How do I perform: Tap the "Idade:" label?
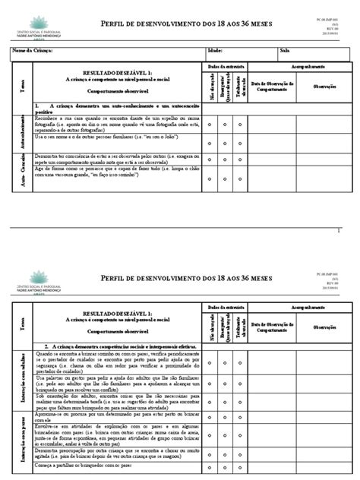coord(216,51)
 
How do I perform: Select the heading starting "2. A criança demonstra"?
coord(125,323)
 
